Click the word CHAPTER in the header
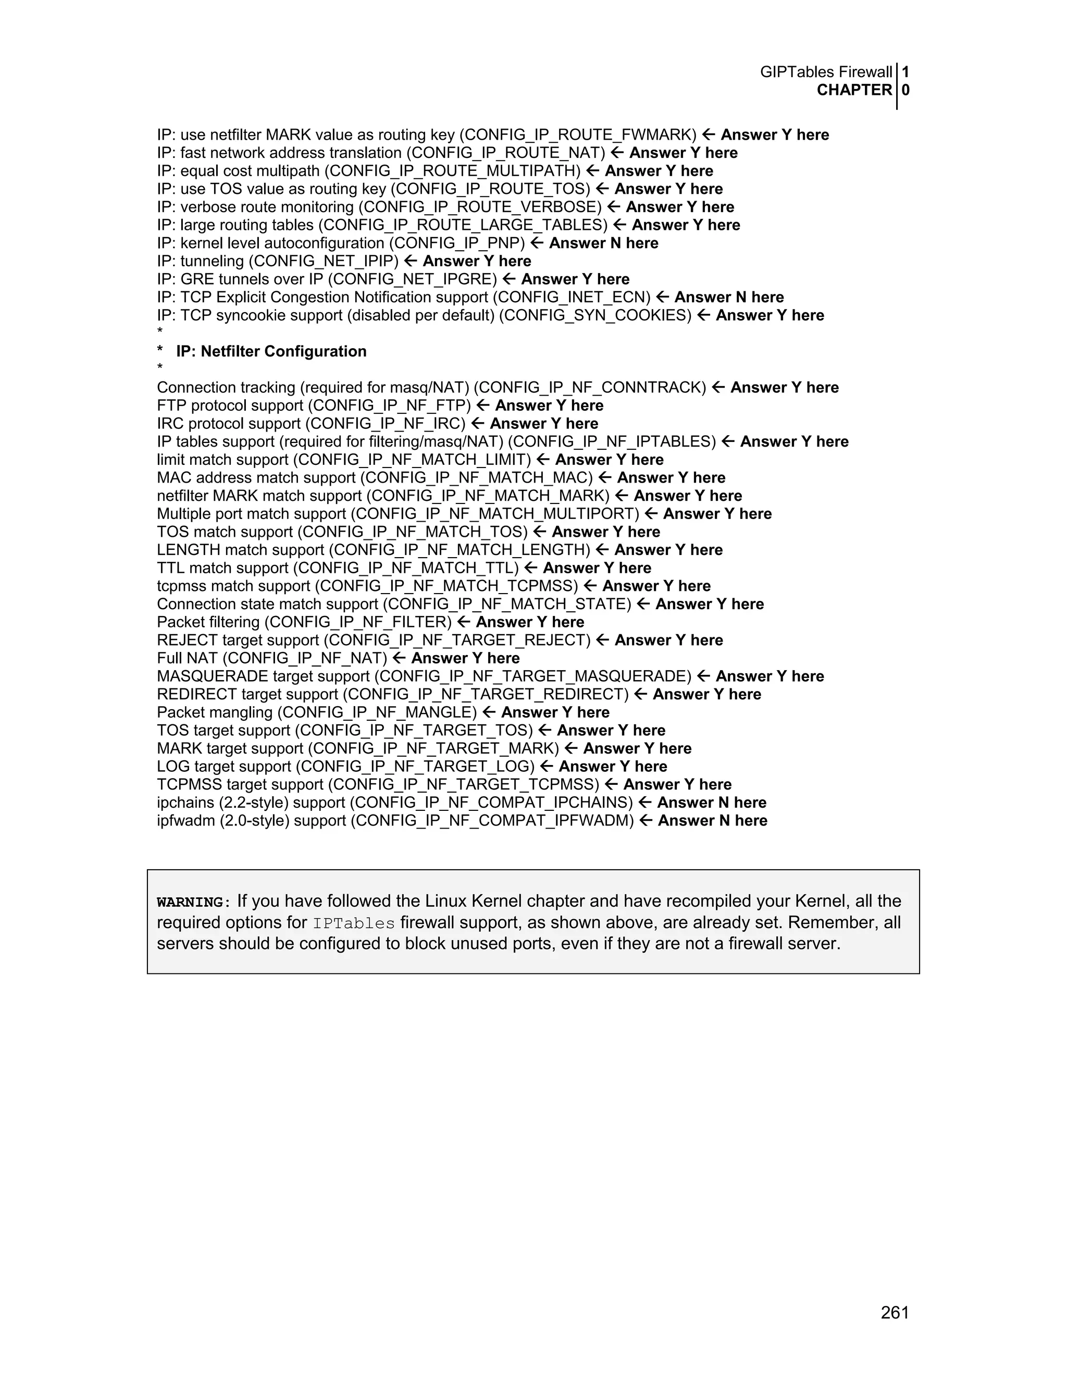click(854, 91)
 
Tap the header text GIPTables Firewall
click(826, 72)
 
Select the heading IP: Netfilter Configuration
click(271, 352)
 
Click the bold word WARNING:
click(190, 902)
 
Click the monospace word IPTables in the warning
click(354, 924)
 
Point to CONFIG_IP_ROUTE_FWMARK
click(578, 135)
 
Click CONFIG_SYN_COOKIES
click(595, 315)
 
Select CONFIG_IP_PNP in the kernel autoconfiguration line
click(457, 243)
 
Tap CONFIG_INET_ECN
click(572, 298)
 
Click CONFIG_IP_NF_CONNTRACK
click(590, 388)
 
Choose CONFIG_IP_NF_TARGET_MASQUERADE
click(536, 676)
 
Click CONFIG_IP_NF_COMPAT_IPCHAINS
click(491, 803)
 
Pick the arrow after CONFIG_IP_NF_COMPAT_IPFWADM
click(646, 821)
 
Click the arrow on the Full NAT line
click(399, 658)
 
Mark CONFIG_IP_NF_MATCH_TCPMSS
click(446, 586)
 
